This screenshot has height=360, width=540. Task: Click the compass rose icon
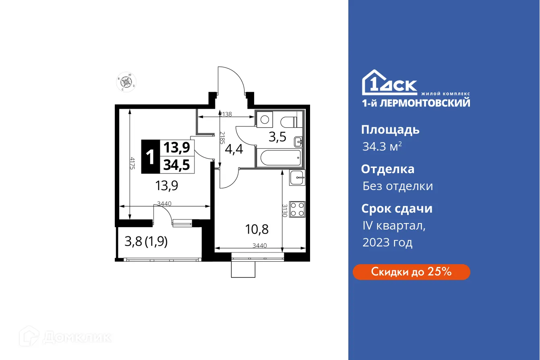pos(127,82)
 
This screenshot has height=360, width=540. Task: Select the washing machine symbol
pos(265,119)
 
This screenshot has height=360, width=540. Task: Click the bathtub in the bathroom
pos(280,157)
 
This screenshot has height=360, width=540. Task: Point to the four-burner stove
pos(297,209)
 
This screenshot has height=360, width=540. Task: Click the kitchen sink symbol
pos(297,178)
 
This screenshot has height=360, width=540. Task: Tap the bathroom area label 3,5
pos(277,137)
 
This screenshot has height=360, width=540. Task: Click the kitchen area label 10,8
pos(257,230)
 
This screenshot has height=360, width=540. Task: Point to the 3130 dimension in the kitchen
pos(285,211)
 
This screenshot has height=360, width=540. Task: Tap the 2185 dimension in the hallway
pos(222,138)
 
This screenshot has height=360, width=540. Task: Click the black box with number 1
pos(151,157)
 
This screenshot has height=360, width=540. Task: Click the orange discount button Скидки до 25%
pos(411,272)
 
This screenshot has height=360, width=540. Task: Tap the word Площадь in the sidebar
pos(390,130)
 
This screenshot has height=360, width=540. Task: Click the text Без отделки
pos(397,186)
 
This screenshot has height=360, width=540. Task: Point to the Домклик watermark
pos(65,337)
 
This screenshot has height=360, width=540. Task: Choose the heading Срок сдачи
pos(397,209)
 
